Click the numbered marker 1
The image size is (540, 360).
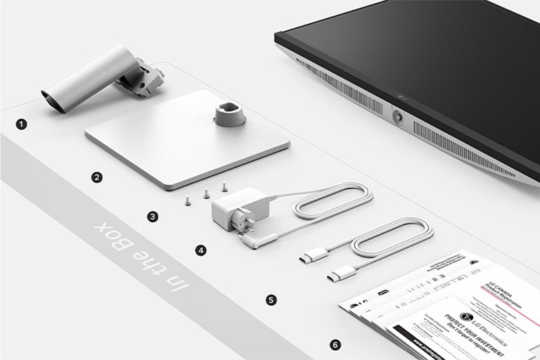tap(22, 124)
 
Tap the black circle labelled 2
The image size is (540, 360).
tap(97, 177)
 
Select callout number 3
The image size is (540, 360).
tap(153, 217)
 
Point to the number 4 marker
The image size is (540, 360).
tap(202, 250)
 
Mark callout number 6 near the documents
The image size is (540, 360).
tap(335, 345)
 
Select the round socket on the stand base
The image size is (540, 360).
tap(228, 112)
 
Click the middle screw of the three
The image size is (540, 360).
tap(206, 193)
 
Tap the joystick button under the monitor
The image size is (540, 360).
tap(399, 117)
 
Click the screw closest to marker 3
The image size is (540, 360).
tap(188, 200)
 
